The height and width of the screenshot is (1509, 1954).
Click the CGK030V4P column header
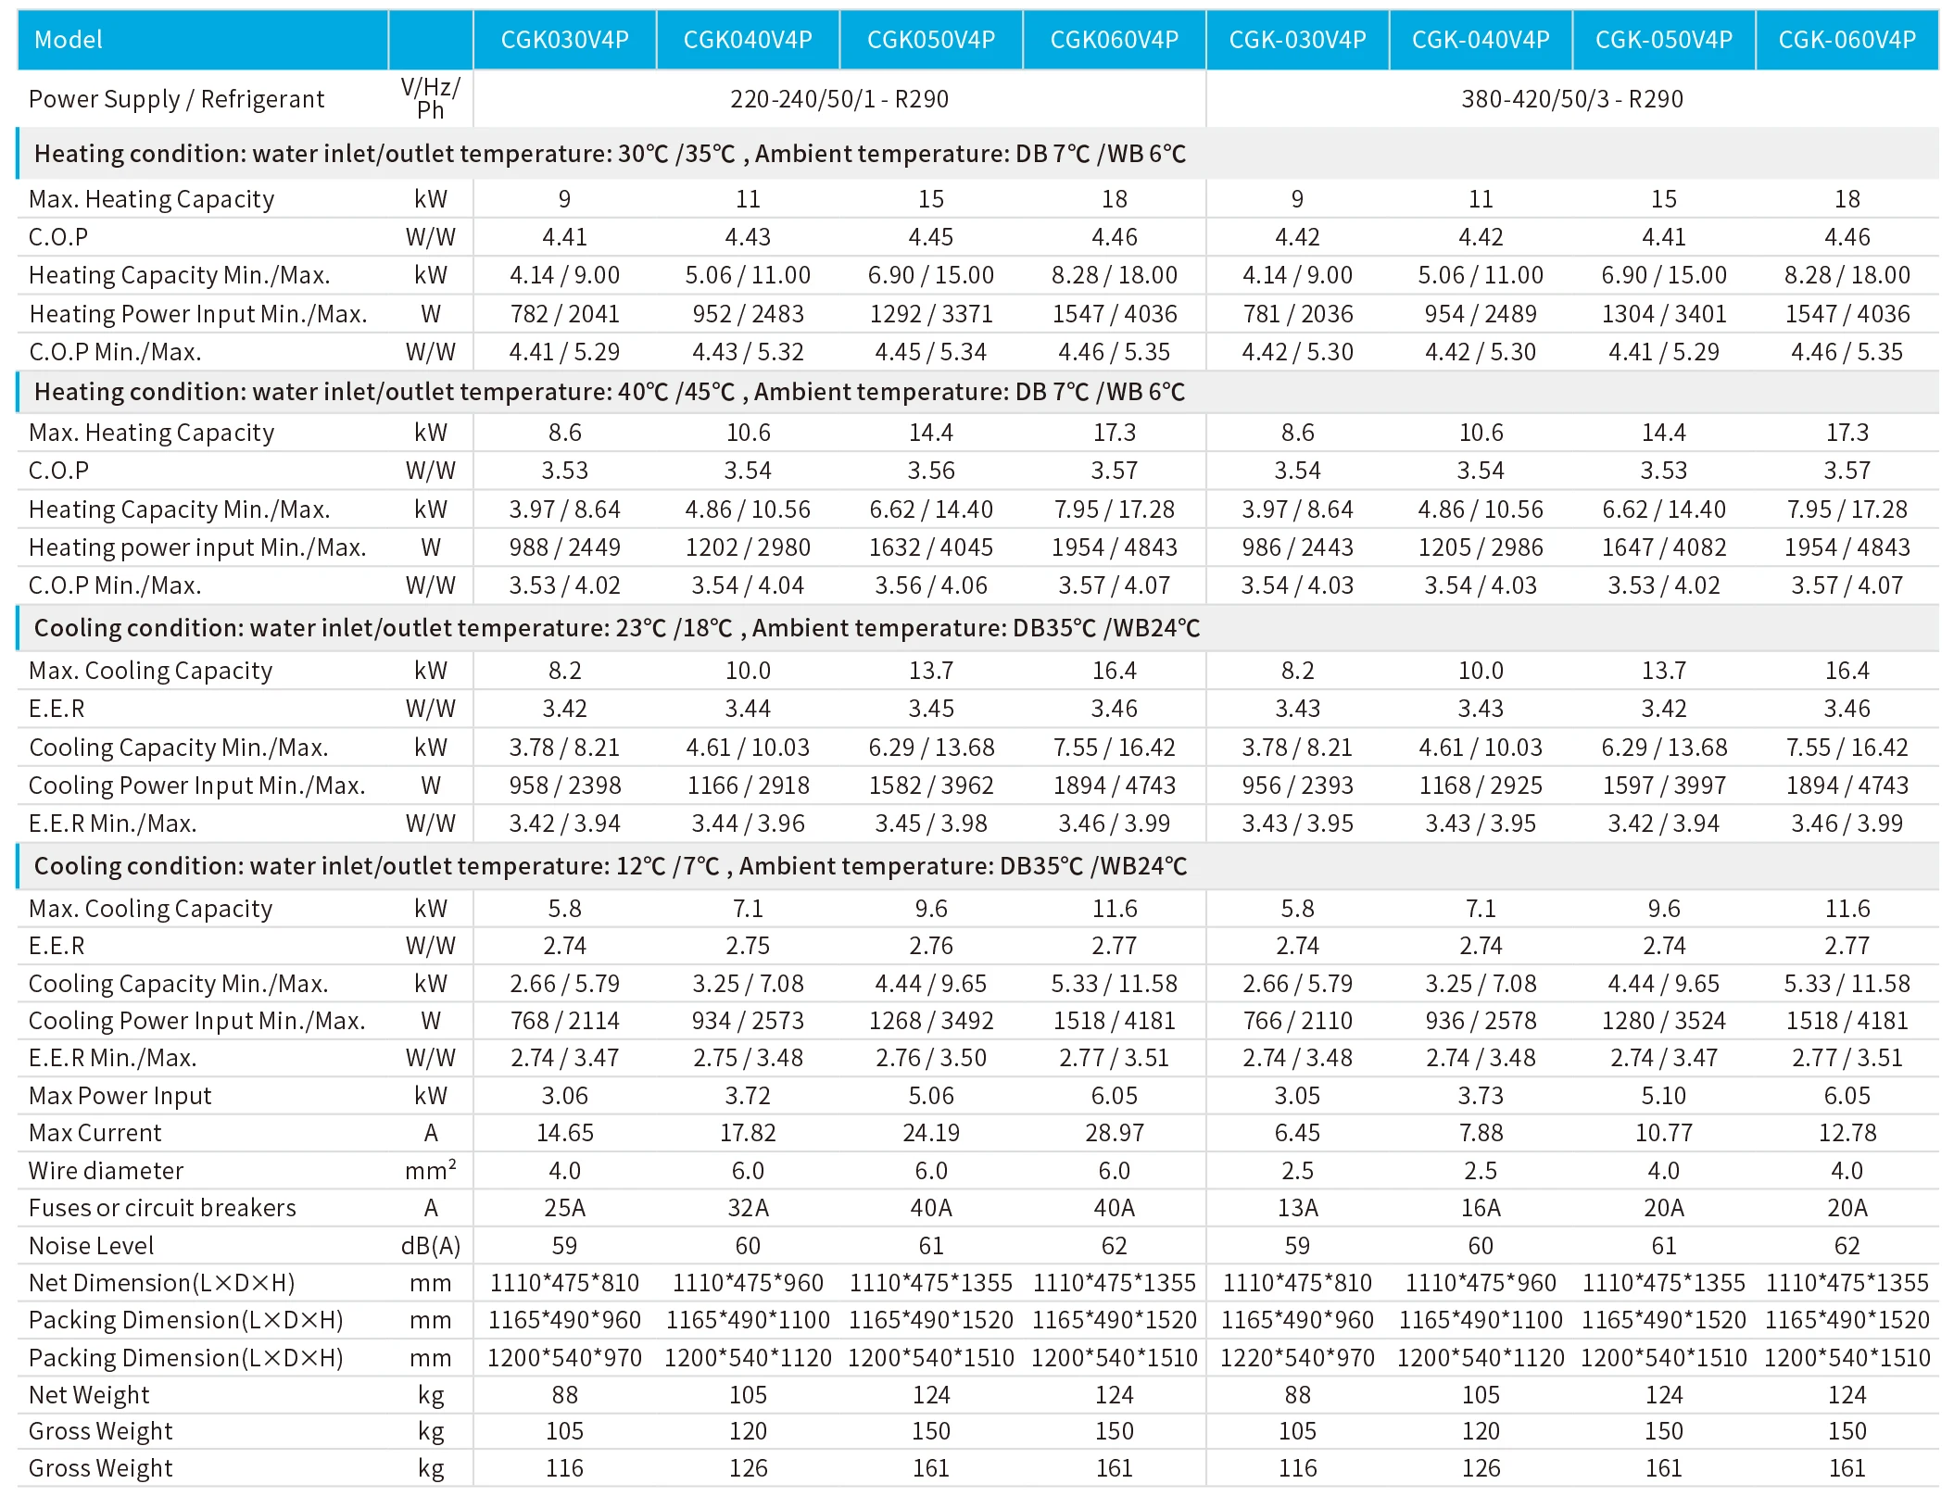click(x=564, y=40)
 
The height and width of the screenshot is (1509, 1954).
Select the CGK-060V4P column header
click(x=1847, y=40)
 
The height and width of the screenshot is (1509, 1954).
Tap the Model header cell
click(x=69, y=40)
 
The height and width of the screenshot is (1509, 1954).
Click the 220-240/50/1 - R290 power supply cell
click(x=838, y=99)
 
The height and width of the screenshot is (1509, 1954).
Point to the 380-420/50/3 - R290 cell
click(x=1571, y=99)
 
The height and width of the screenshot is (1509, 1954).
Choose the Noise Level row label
click(x=91, y=1245)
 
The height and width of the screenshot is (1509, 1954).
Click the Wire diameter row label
click(x=106, y=1170)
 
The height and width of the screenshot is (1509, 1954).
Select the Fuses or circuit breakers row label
click(x=162, y=1207)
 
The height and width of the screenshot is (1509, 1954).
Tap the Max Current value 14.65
click(x=564, y=1132)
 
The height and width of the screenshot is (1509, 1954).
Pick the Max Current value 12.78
click(x=1847, y=1132)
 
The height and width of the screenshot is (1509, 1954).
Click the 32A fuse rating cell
click(x=748, y=1207)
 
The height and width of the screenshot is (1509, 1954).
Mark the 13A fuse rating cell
click(x=1297, y=1207)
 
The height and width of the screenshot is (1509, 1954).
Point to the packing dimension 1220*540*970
click(x=1297, y=1357)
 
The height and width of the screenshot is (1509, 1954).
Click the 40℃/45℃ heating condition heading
click(x=609, y=392)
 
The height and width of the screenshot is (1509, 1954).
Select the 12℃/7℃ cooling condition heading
click(x=610, y=866)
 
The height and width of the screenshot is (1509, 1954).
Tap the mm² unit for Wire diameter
click(x=431, y=1170)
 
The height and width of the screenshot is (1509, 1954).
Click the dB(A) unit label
click(x=431, y=1245)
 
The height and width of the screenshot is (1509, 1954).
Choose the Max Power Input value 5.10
click(x=1663, y=1095)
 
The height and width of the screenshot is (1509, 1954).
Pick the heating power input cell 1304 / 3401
click(x=1663, y=314)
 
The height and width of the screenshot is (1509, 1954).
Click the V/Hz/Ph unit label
click(x=431, y=98)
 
